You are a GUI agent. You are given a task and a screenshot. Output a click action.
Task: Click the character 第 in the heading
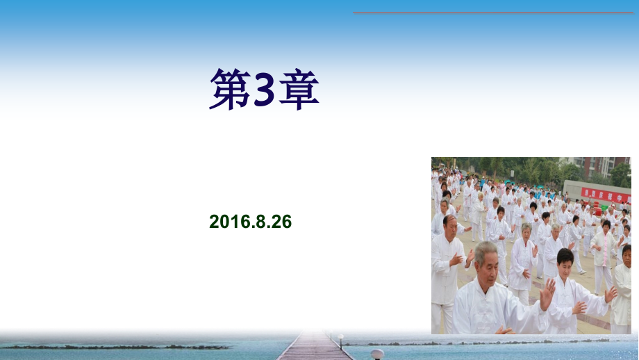click(231, 90)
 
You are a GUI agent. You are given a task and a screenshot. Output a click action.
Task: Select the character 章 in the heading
click(299, 90)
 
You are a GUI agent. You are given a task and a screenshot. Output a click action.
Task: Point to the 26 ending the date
click(281, 222)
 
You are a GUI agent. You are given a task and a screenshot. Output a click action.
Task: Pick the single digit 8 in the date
click(260, 222)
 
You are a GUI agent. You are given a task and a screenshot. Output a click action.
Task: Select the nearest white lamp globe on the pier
click(377, 354)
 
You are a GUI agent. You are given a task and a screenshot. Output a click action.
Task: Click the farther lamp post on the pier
click(341, 341)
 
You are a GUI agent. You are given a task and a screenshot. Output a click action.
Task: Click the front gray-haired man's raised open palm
click(548, 293)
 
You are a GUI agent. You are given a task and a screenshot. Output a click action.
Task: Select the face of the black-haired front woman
click(566, 263)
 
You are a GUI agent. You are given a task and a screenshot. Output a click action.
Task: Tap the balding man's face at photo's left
click(450, 226)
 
